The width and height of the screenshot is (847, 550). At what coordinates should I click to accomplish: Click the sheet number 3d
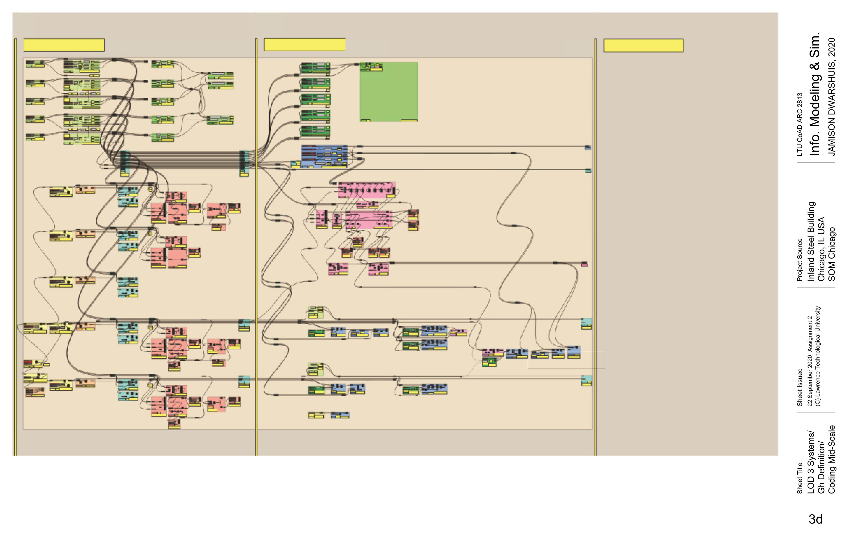[x=815, y=519]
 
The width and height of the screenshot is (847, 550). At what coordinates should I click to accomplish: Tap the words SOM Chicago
[x=831, y=254]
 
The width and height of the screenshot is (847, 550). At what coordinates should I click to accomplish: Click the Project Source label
[x=800, y=260]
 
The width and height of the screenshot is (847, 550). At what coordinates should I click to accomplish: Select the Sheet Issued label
[x=800, y=387]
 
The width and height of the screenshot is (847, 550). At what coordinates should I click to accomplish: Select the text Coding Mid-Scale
[x=831, y=459]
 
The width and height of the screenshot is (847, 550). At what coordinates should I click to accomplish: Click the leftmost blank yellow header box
[x=64, y=45]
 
